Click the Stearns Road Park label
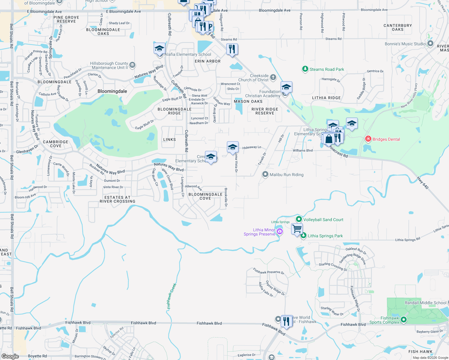[x=327, y=69]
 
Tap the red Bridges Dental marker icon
[x=368, y=139]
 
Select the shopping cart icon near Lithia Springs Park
[x=297, y=229]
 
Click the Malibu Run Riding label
[x=286, y=175]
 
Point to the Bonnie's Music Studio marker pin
[x=430, y=44]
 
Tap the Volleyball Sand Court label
[x=323, y=220]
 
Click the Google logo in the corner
[x=10, y=356]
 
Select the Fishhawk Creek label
[x=172, y=296]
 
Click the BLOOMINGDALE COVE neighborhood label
[x=205, y=196]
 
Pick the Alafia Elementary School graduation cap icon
[x=159, y=48]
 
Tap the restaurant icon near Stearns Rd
[x=232, y=49]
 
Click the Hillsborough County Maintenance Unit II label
[x=109, y=65]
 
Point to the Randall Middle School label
[x=425, y=303]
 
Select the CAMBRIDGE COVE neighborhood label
[x=56, y=144]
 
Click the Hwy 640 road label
[x=423, y=183]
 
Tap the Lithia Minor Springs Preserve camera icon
[x=280, y=231]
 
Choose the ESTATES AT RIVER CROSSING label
[x=117, y=199]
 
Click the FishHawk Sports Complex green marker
[x=404, y=320]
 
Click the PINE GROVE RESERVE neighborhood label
[x=66, y=19]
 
